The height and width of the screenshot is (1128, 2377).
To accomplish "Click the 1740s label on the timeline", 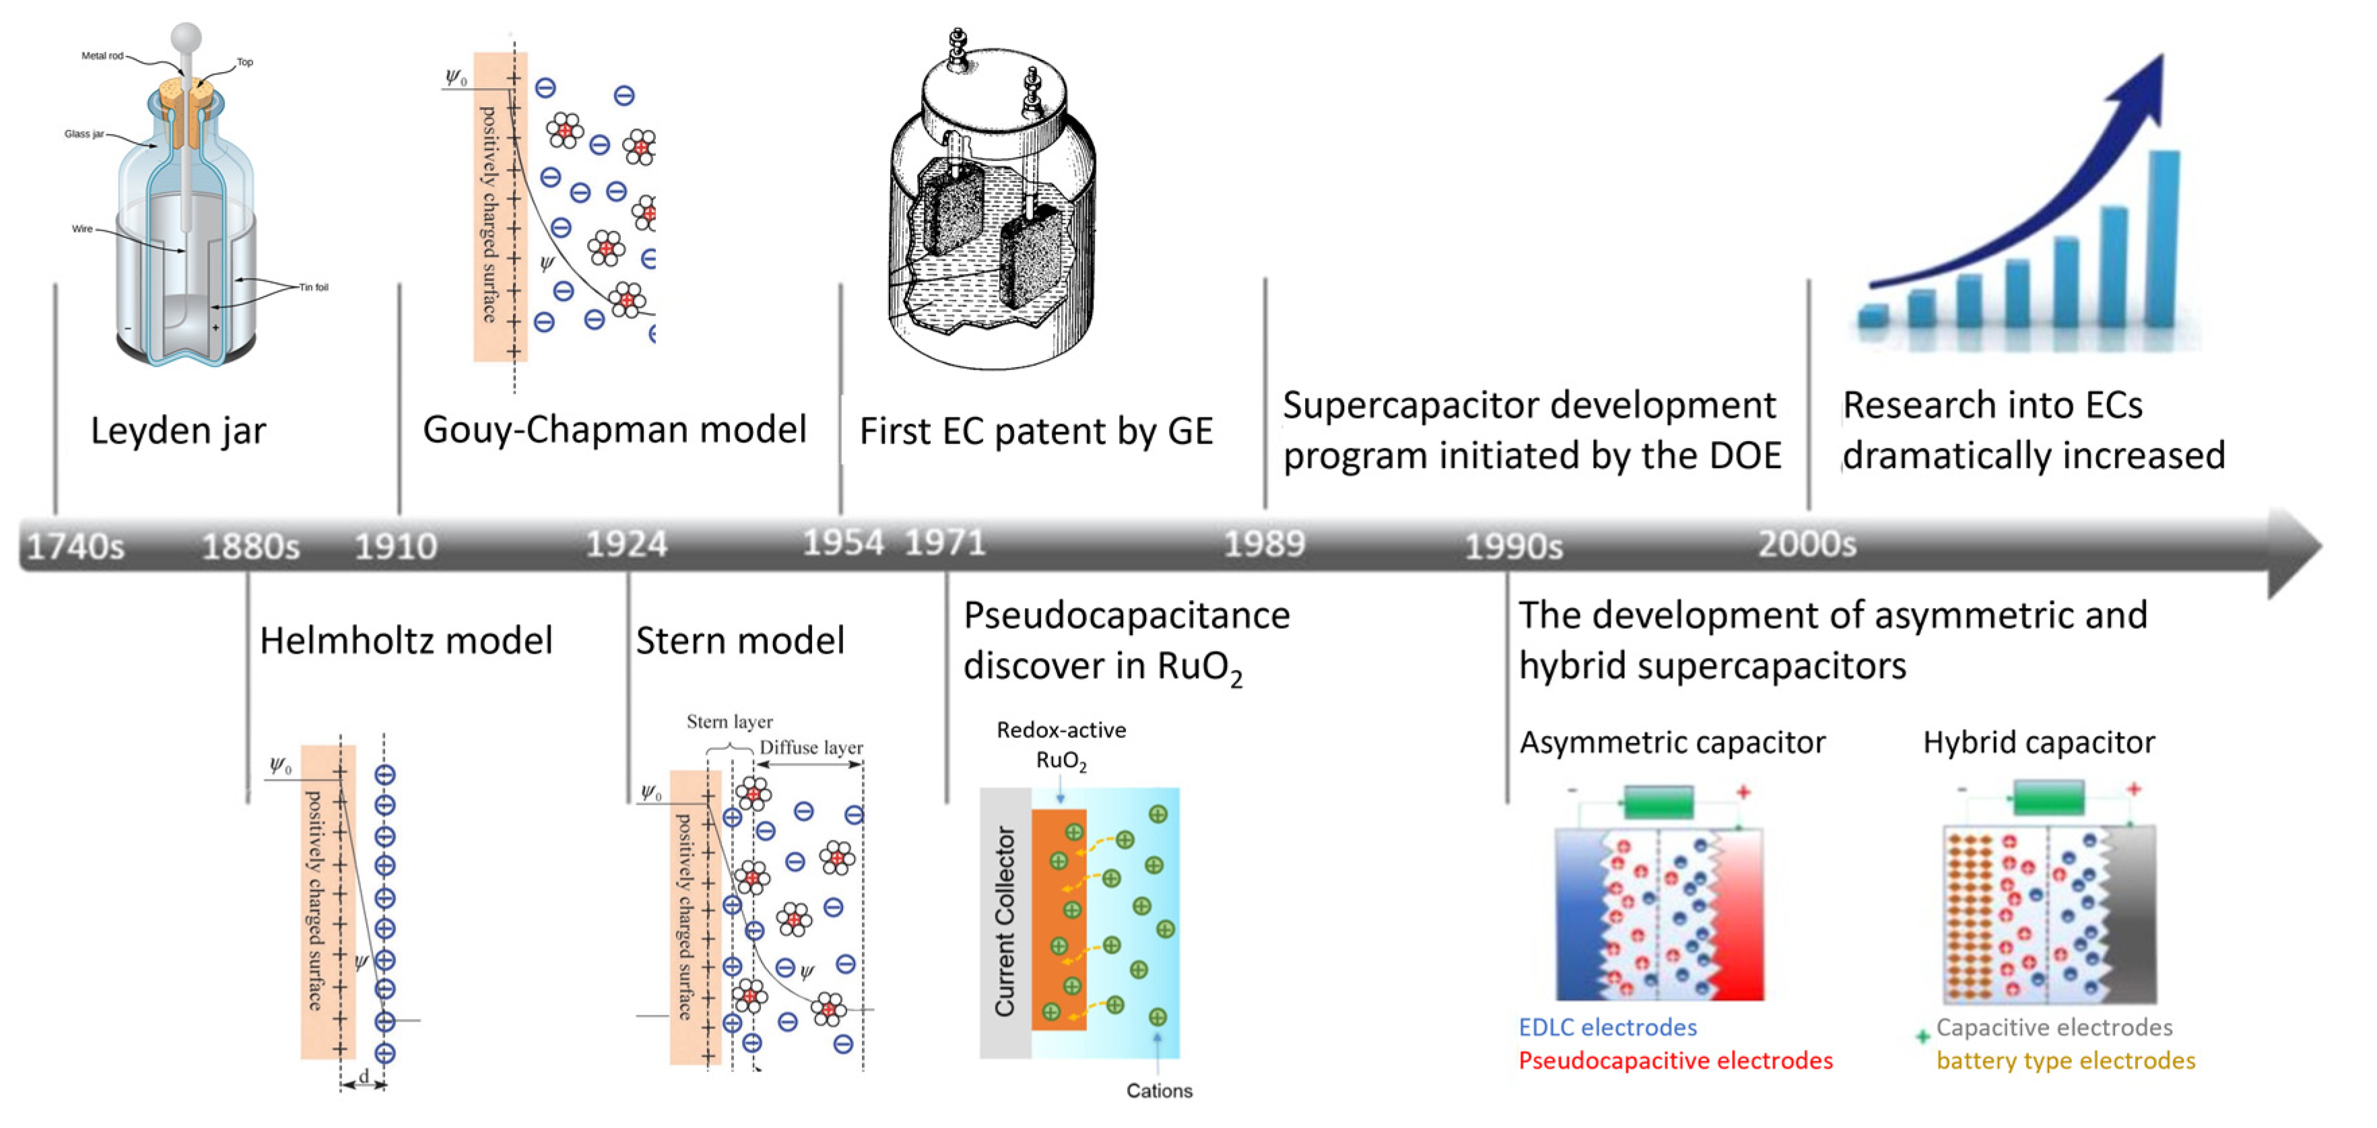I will click(75, 546).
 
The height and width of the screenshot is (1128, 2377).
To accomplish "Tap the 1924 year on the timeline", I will click(626, 543).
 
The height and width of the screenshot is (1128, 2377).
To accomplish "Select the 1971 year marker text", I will click(945, 542).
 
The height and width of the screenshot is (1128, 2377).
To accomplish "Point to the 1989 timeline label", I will click(1264, 543).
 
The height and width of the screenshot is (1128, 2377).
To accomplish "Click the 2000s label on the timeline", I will click(1806, 543).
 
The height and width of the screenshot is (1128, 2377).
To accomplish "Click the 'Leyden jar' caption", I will click(178, 431).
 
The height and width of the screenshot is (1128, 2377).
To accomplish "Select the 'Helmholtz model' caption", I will click(406, 640).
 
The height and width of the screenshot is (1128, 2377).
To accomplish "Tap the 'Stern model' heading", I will click(740, 640).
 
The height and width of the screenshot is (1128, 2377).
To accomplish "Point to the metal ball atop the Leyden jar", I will click(187, 37).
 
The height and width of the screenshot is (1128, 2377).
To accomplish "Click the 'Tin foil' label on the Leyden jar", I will click(314, 287).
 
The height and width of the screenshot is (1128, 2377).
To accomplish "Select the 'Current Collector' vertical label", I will click(1004, 921).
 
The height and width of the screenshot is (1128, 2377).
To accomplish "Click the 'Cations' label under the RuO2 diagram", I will click(1159, 1091).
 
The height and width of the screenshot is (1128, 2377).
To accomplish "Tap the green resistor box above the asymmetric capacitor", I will click(1659, 801).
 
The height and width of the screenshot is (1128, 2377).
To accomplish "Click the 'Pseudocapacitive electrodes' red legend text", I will click(1675, 1061).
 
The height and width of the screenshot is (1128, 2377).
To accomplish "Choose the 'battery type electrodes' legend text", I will click(2065, 1061).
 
